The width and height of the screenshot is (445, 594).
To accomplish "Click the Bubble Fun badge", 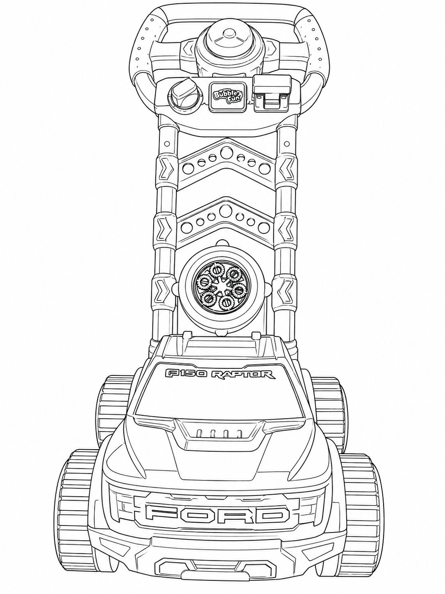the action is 227,96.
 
